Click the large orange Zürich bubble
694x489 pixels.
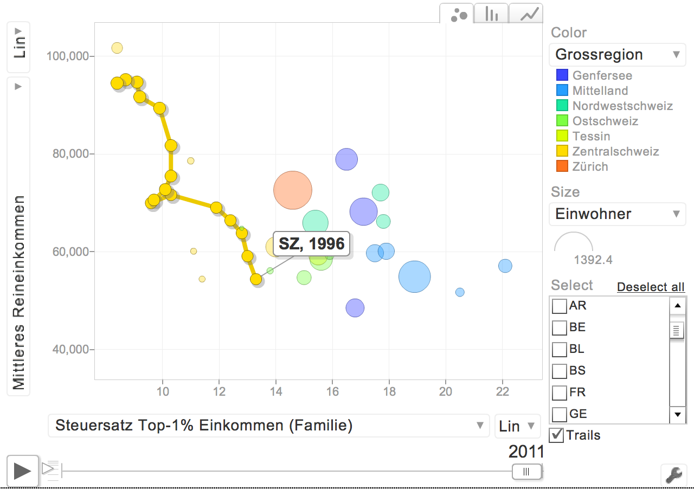point(293,190)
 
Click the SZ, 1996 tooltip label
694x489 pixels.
point(312,244)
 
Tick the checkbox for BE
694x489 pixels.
point(559,328)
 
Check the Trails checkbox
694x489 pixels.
point(556,435)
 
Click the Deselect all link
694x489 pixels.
point(651,287)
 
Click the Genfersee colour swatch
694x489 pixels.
point(562,75)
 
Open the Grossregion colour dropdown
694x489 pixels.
point(617,54)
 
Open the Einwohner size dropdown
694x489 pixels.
point(617,214)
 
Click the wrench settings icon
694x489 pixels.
point(673,475)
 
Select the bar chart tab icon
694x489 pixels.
point(492,14)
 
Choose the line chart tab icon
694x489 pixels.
point(526,14)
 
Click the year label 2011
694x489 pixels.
point(526,452)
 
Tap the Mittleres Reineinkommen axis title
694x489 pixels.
point(19,293)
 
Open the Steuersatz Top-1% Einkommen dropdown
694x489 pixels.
point(268,426)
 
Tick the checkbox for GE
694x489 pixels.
point(559,415)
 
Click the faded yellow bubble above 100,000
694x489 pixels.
point(117,48)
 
